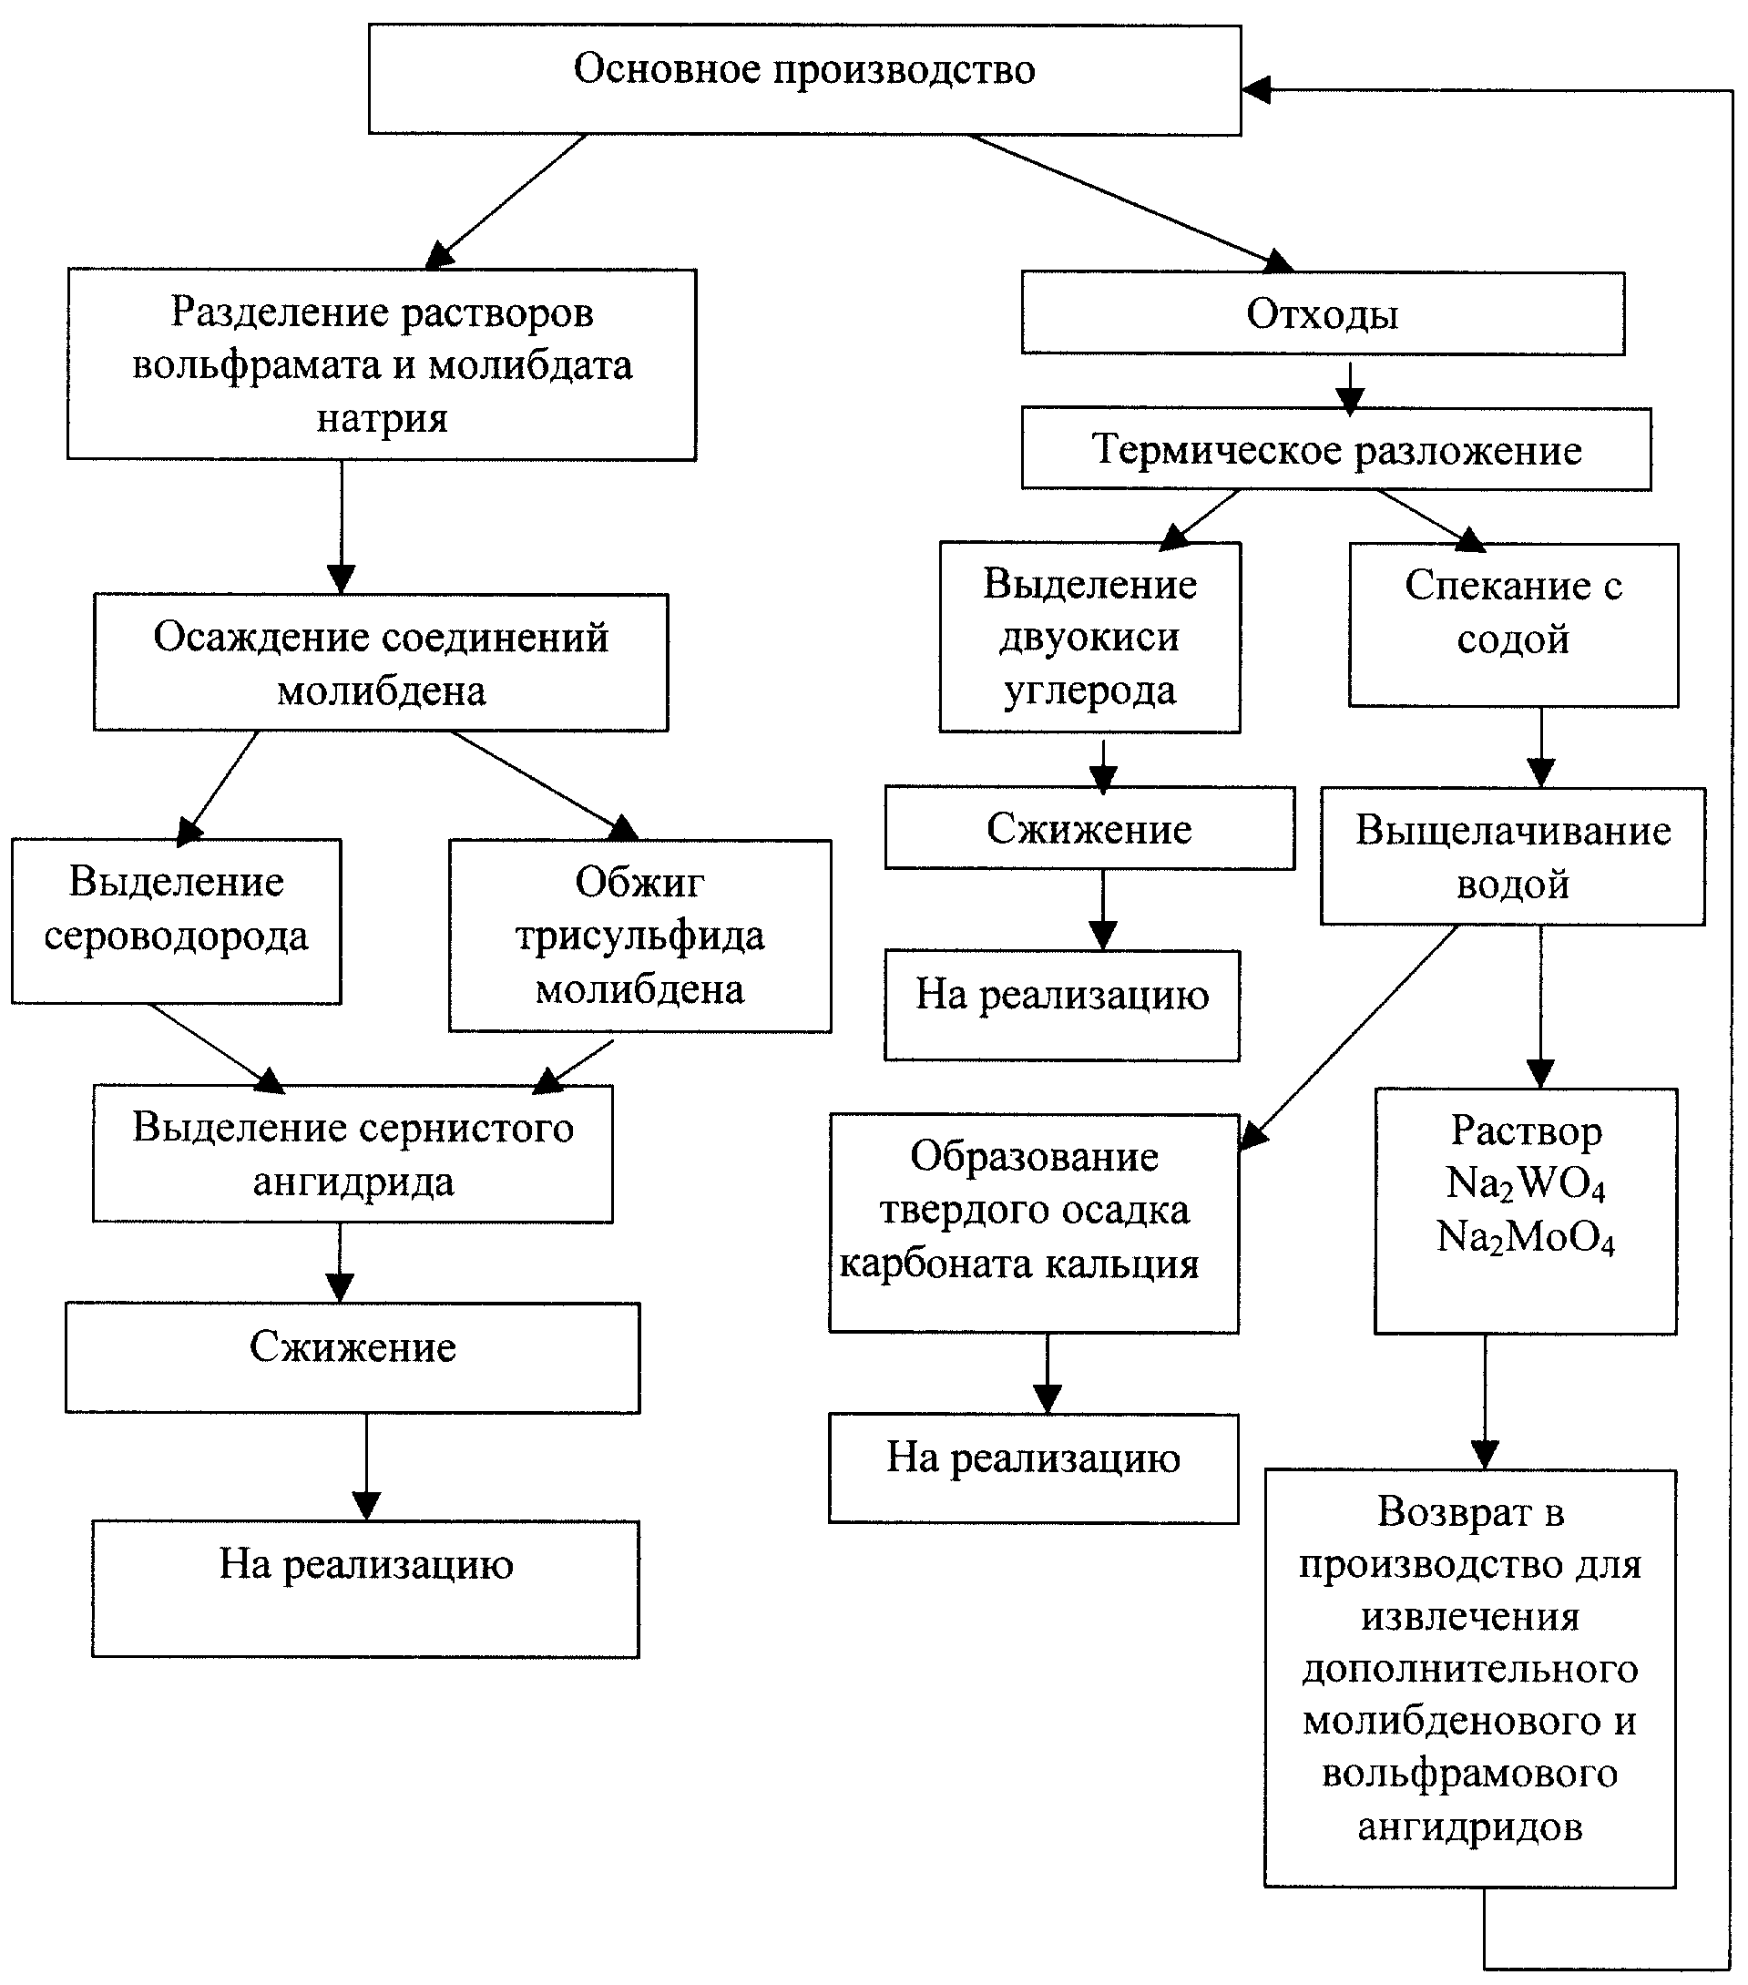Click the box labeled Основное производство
[x=804, y=79]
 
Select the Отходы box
[x=1323, y=312]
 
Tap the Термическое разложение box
[x=1336, y=449]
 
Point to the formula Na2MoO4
[x=1526, y=1238]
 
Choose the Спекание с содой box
[x=1513, y=624]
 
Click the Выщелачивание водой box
[x=1512, y=855]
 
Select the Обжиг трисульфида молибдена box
[x=640, y=936]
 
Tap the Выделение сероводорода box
[x=176, y=921]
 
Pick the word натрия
[x=382, y=418]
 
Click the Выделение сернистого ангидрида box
[x=353, y=1152]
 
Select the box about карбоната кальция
[x=1034, y=1223]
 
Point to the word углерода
[x=1089, y=691]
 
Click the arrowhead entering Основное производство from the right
[x=1255, y=90]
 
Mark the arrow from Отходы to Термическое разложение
[x=1350, y=385]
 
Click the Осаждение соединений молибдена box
[x=381, y=662]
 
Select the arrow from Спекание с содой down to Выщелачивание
[x=1541, y=747]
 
